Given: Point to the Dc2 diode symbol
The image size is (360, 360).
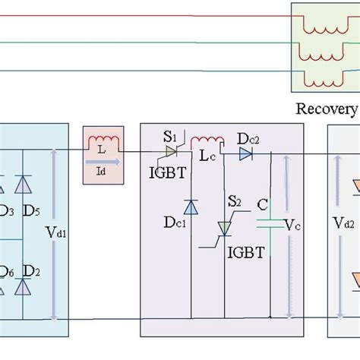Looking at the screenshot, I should pyautogui.click(x=245, y=154).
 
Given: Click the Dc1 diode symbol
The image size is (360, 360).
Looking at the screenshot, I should pyautogui.click(x=191, y=207).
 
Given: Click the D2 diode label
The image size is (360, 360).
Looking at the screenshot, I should pyautogui.click(x=32, y=271).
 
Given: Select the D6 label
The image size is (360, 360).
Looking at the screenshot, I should pyautogui.click(x=7, y=272).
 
